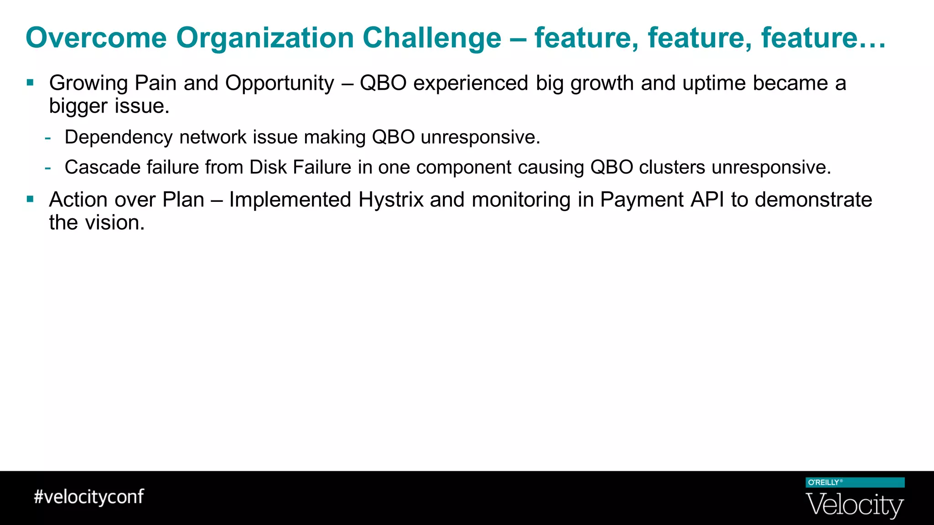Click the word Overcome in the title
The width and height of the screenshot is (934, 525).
click(96, 37)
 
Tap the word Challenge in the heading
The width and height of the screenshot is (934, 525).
click(431, 37)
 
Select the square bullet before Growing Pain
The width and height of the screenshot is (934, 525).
click(30, 82)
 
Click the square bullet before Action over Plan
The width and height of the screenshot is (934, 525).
click(30, 199)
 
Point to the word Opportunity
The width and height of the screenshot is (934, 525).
click(280, 83)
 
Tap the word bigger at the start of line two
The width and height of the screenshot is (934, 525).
click(78, 107)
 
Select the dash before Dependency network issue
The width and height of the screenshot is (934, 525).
click(48, 138)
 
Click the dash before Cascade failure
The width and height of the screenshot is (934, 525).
click(48, 168)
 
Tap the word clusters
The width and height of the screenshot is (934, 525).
click(672, 167)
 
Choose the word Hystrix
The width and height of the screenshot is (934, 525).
click(391, 200)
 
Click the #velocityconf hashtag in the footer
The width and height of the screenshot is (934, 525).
click(89, 496)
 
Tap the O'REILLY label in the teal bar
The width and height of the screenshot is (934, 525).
click(824, 482)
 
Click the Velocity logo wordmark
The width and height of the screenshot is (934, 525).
click(855, 504)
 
